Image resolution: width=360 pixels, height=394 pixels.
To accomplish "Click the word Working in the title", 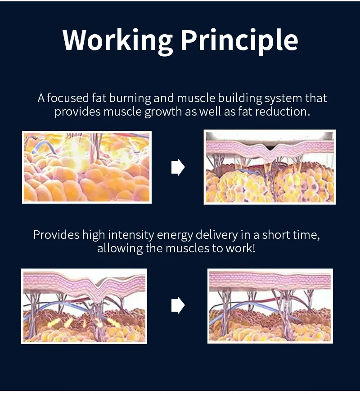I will [x=117, y=40].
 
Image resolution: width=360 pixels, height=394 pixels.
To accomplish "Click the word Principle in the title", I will [x=239, y=40].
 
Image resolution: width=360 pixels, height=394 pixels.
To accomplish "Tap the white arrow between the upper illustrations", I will [x=178, y=167].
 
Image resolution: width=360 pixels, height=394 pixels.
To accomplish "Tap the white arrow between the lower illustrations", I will [x=178, y=306].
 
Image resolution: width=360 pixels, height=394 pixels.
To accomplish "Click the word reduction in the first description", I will [x=283, y=112].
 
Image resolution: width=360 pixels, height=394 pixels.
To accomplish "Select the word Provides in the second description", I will [x=56, y=235].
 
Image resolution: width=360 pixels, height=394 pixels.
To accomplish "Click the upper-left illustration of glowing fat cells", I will [x=87, y=167].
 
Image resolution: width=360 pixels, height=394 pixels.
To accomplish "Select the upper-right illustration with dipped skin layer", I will [x=270, y=167].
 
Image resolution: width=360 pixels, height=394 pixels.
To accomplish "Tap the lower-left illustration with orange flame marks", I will [x=84, y=306].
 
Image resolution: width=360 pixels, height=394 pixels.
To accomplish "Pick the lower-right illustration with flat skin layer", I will [x=270, y=306].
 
